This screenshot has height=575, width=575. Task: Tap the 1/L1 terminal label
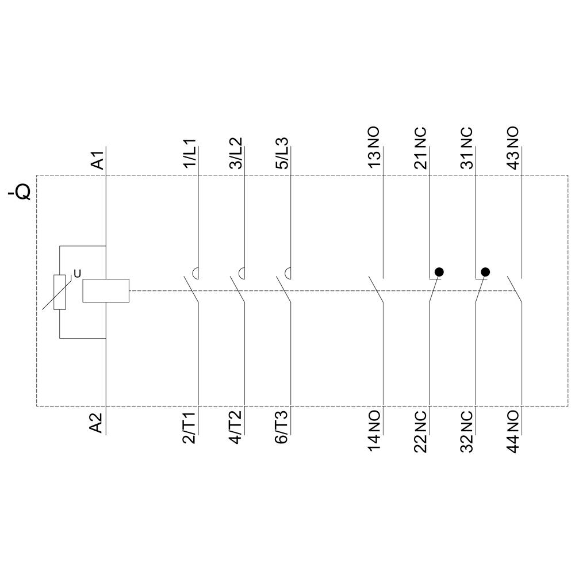tap(190, 152)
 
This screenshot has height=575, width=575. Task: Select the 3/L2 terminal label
tap(236, 152)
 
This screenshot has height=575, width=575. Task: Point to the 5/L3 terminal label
tap(282, 152)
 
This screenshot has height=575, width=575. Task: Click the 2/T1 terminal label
tap(190, 428)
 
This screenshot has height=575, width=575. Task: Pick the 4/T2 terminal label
tap(236, 428)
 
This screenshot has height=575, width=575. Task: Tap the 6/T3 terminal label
tap(282, 428)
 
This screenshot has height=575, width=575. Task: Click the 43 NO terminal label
tap(512, 148)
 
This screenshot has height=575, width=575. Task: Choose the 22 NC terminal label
tap(420, 431)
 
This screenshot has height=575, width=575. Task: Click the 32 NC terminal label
tap(466, 431)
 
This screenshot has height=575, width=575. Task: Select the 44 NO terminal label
tap(512, 431)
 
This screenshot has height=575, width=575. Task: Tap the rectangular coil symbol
tap(106, 290)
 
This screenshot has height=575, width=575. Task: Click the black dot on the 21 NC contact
tap(439, 271)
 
